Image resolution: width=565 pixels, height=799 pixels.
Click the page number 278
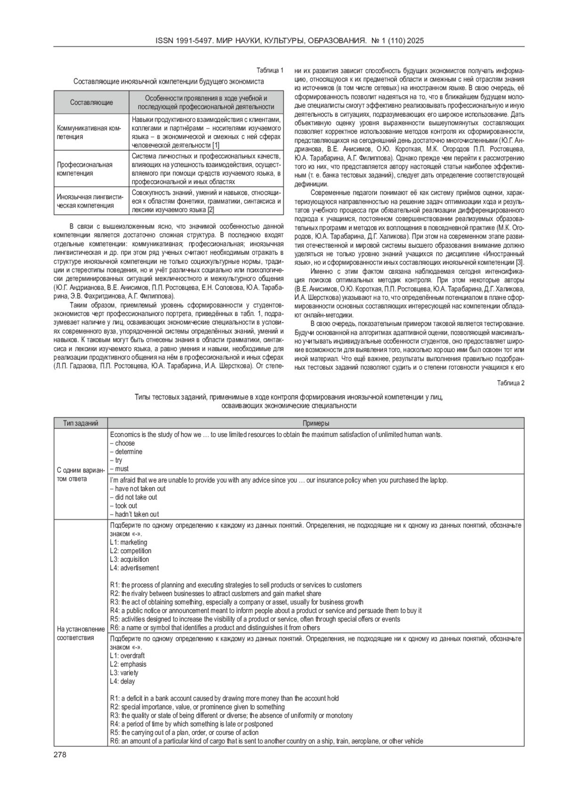pos(60,755)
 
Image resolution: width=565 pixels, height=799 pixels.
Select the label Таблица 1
pos(270,71)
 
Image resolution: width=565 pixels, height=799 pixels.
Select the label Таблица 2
pos(510,382)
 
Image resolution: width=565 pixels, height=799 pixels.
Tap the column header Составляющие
pos(91,102)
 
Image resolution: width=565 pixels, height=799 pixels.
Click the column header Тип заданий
pos(81,423)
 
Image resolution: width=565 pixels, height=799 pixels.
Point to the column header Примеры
pos(315,423)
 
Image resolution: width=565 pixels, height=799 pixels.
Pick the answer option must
pos(120,468)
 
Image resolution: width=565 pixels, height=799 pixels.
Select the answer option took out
pos(124,506)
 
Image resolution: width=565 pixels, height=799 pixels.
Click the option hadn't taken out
pos(135,514)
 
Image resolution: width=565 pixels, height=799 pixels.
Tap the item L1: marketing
pos(129,542)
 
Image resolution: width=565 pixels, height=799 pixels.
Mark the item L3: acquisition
pos(129,559)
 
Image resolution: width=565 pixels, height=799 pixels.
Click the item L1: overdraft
pos(128,655)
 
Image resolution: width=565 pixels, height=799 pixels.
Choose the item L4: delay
pos(122,681)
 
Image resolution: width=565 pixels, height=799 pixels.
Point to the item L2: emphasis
pos(128,664)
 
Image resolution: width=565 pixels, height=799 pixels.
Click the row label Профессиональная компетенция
pos(85,169)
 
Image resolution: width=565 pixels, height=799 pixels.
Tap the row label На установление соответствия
pos(81,633)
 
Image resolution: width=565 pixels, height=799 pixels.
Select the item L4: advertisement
pos(134,568)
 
